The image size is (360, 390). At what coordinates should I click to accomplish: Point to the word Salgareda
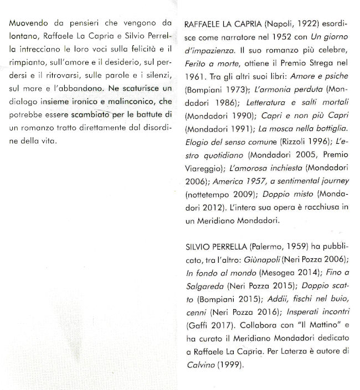[202, 287]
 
